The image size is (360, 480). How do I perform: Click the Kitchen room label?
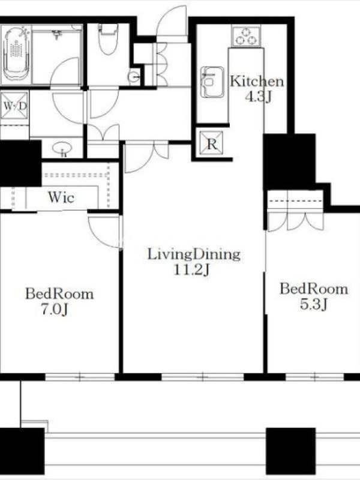click(x=257, y=82)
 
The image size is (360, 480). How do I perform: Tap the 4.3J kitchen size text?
click(x=258, y=97)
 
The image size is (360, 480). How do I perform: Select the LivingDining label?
click(x=194, y=254)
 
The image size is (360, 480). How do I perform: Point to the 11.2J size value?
click(x=191, y=269)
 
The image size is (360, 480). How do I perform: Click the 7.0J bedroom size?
click(x=55, y=310)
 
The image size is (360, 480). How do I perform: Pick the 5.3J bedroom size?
click(x=314, y=304)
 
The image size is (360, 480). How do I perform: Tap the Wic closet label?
click(x=61, y=197)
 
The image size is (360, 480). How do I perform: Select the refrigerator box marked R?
click(x=212, y=143)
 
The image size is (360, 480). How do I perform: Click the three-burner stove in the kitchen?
click(x=247, y=36)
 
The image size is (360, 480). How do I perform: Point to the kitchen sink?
click(x=212, y=82)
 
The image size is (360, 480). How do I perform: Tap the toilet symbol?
click(x=108, y=39)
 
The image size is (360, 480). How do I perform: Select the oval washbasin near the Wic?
click(x=62, y=148)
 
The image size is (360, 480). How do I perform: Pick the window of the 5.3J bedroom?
click(x=315, y=377)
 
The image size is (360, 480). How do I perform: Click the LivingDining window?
click(x=203, y=377)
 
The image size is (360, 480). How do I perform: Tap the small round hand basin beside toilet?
click(x=134, y=77)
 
